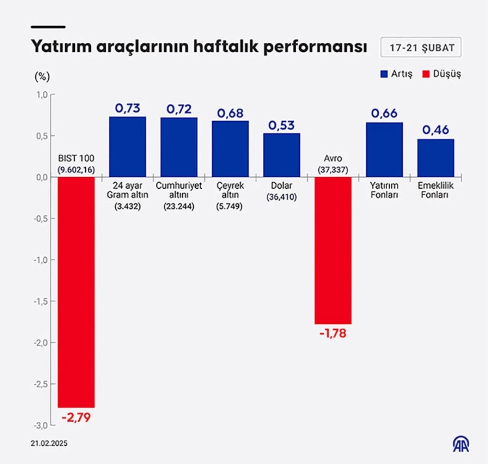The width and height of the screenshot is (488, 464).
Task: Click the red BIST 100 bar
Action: pos(76,292)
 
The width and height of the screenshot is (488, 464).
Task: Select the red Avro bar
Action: pos(333,250)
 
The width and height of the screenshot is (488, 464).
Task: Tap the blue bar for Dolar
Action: pos(282,155)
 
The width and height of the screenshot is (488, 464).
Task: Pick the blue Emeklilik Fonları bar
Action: pos(435,158)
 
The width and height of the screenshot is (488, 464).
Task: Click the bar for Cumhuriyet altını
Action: pos(179,147)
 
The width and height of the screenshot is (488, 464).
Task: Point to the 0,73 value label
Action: pos(128,108)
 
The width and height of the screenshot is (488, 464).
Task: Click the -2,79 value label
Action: pos(76,417)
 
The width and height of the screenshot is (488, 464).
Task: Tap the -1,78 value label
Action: pos(333,334)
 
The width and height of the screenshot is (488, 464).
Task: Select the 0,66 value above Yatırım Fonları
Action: pos(384,113)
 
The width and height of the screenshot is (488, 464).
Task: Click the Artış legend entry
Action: pos(396,74)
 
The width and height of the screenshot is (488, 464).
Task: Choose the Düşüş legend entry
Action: pos(441,74)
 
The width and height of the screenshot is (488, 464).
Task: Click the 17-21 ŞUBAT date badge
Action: pos(421,48)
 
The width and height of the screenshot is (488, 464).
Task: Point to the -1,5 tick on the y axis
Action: pos(41,302)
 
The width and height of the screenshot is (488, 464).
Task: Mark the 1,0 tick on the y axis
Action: pos(42,95)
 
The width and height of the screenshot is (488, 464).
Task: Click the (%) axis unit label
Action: pos(42,77)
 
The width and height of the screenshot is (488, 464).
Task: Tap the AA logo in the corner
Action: pos(461,444)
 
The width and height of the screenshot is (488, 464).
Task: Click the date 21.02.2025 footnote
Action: pos(49,443)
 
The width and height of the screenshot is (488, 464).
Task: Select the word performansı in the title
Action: pos(315,47)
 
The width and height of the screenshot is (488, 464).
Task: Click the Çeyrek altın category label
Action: pos(230,190)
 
